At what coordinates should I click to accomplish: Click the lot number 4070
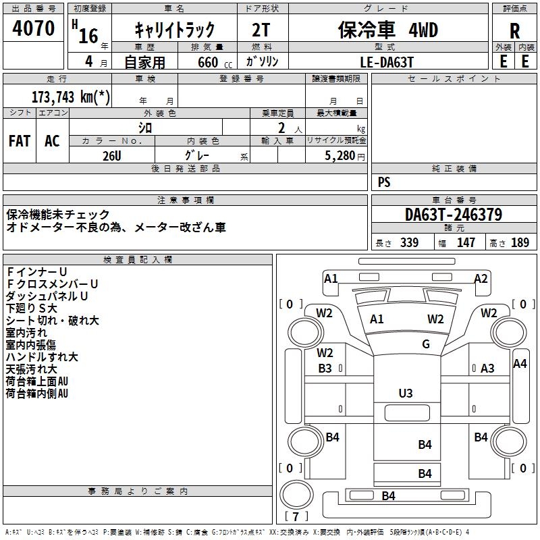pyautogui.click(x=33, y=28)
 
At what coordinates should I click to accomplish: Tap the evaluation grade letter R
pyautogui.click(x=514, y=31)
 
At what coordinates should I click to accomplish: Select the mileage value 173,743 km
pyautogui.click(x=71, y=97)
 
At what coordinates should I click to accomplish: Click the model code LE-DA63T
pyautogui.click(x=386, y=62)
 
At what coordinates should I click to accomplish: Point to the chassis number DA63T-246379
pyautogui.click(x=454, y=215)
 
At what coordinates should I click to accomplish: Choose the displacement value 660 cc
pyautogui.click(x=215, y=62)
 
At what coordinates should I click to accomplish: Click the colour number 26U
pyautogui.click(x=111, y=156)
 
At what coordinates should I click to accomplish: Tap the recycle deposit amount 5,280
pyautogui.click(x=340, y=155)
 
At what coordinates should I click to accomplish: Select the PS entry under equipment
pyautogui.click(x=384, y=182)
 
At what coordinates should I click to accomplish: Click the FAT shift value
pyautogui.click(x=20, y=141)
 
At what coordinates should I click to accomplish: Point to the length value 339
pyautogui.click(x=409, y=242)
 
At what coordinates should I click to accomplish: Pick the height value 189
pyautogui.click(x=520, y=242)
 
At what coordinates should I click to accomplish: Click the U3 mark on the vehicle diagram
pyautogui.click(x=406, y=394)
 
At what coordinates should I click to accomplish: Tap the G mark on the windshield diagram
pyautogui.click(x=426, y=344)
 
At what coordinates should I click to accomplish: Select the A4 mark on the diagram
pyautogui.click(x=520, y=364)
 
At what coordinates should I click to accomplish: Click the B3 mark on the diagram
pyautogui.click(x=325, y=369)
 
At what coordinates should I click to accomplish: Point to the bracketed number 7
pyautogui.click(x=296, y=516)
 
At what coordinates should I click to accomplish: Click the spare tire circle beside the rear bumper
pyautogui.click(x=296, y=495)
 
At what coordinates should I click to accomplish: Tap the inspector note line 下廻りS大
pyautogui.click(x=31, y=308)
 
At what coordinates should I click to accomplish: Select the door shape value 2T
pyautogui.click(x=261, y=30)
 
